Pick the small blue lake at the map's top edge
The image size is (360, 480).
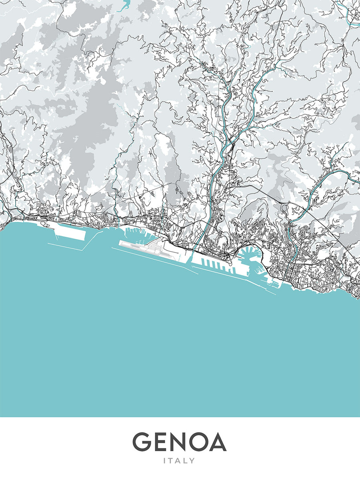(125, 5)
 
